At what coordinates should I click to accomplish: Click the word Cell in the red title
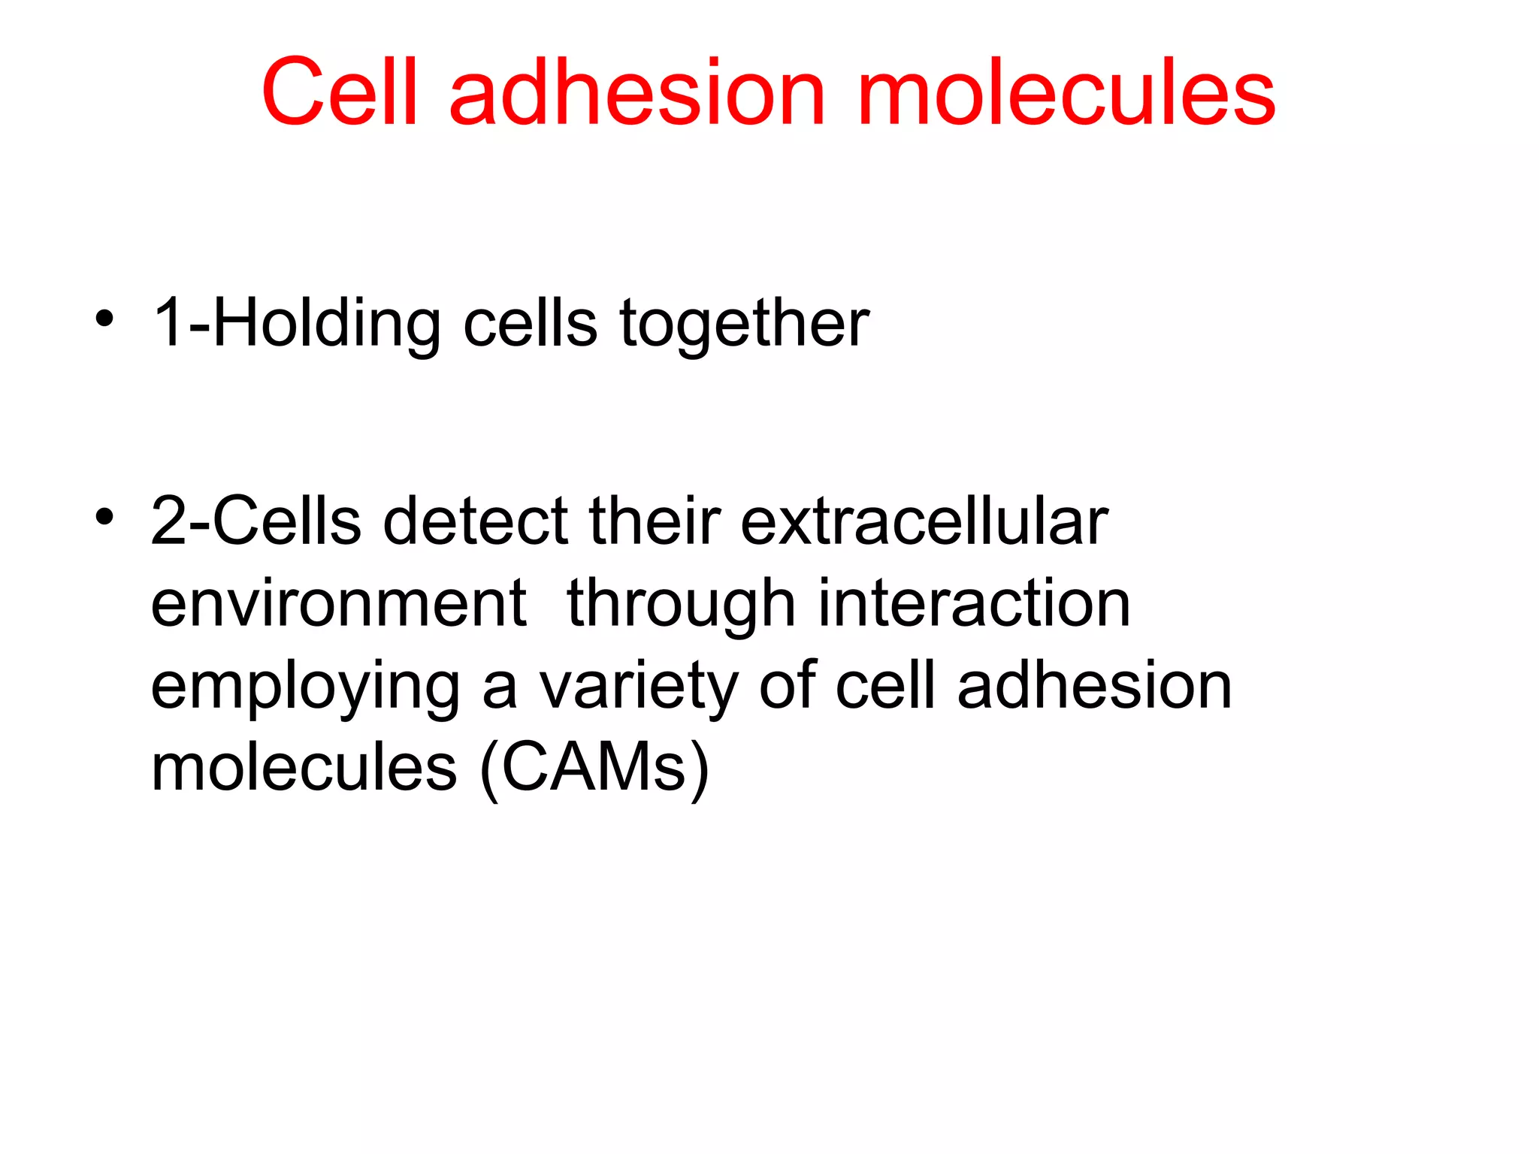coord(339,92)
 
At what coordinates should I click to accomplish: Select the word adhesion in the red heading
coord(637,92)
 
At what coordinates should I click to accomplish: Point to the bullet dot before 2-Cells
coord(104,516)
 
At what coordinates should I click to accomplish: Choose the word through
coord(681,605)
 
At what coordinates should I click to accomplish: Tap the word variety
coord(639,687)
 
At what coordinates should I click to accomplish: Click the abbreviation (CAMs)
coord(594,768)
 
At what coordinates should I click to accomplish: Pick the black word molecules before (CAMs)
coord(304,768)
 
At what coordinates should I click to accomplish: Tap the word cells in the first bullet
coord(530,323)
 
